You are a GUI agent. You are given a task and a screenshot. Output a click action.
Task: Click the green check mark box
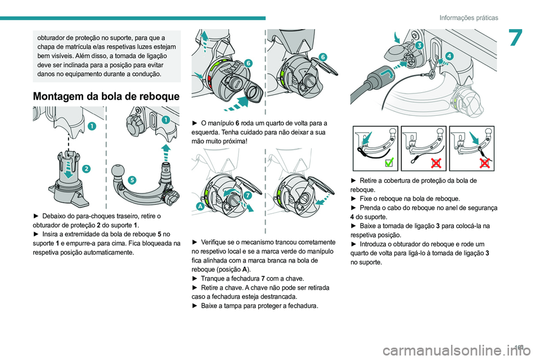pos(389,163)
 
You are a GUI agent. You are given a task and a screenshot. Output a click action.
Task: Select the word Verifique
pos(215,242)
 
